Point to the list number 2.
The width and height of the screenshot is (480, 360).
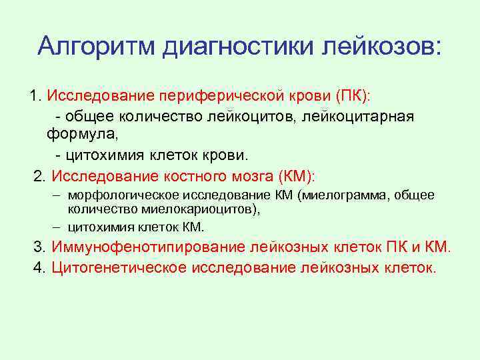pyautogui.click(x=39, y=176)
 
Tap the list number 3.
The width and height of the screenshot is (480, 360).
pyautogui.click(x=39, y=247)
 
